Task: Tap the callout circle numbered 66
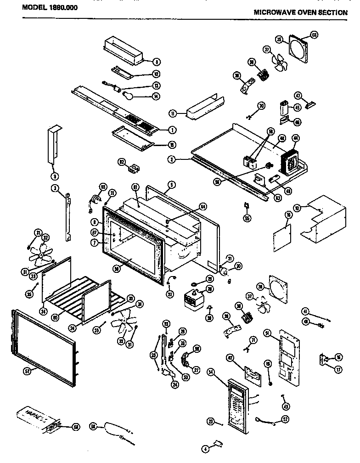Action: (x=315, y=34)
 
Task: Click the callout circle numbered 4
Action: (x=206, y=448)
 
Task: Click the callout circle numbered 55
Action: (x=248, y=218)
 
